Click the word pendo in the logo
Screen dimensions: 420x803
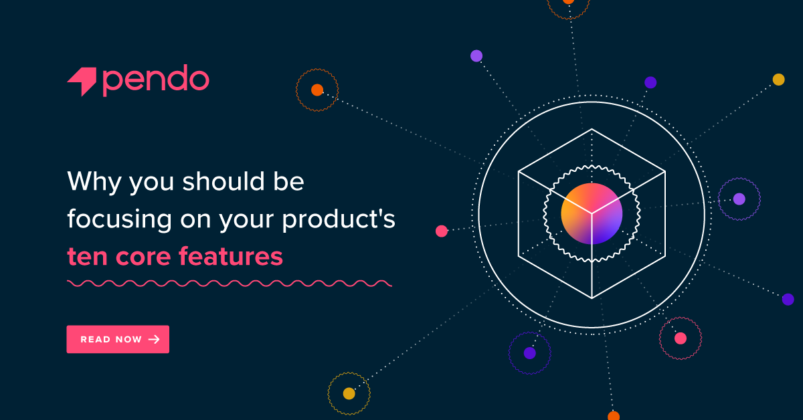tap(156, 80)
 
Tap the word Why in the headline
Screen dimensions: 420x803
tap(90, 183)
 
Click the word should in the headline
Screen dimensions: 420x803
tap(218, 182)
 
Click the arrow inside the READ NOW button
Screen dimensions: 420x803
tap(154, 339)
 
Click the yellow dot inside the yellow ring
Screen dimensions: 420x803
tap(349, 393)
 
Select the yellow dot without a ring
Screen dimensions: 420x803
tap(778, 80)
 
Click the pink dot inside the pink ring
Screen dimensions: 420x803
tap(680, 338)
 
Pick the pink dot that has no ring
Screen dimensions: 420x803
tap(442, 231)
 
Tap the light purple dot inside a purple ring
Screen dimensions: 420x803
tap(739, 199)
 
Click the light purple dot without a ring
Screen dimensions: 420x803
tap(476, 56)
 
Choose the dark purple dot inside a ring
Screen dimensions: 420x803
tap(529, 352)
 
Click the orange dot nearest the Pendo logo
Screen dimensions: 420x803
tap(317, 90)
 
